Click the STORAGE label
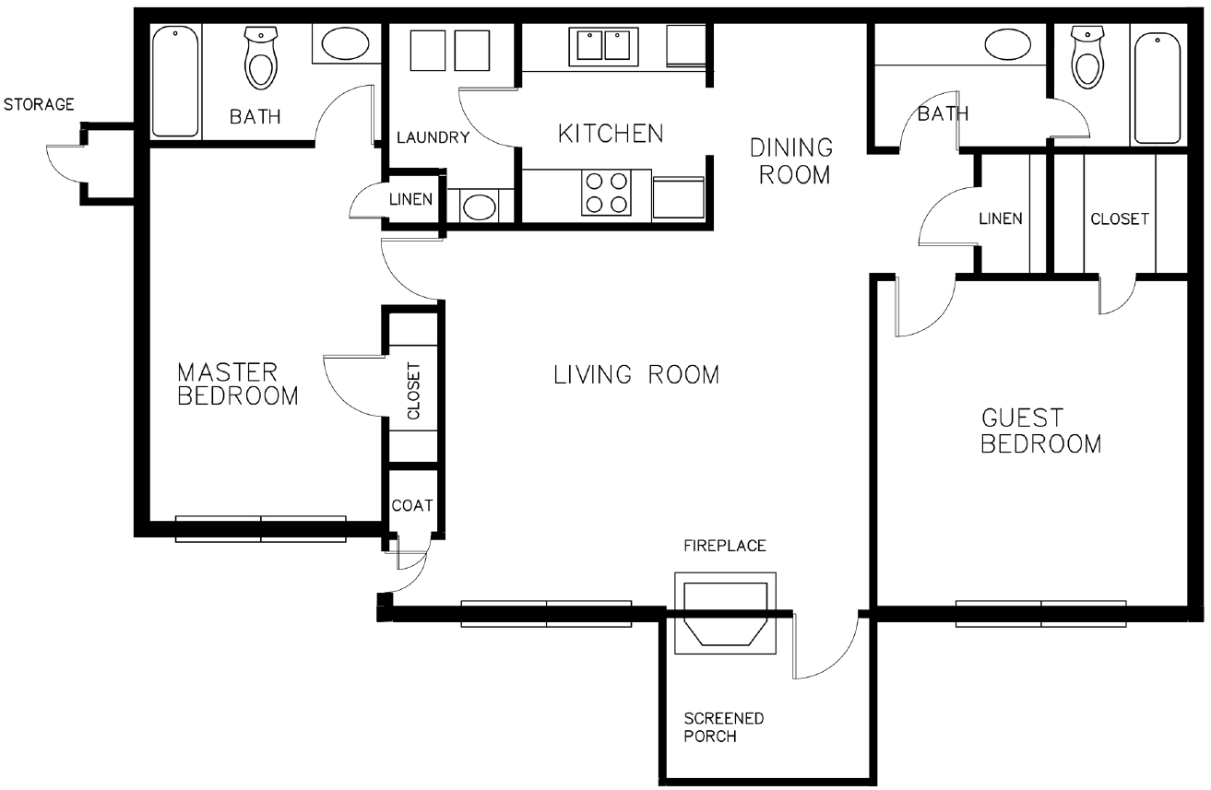tap(39, 104)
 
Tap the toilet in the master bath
tap(261, 58)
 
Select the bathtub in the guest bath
tap(1158, 88)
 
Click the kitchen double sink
tap(603, 46)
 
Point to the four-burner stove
tap(606, 193)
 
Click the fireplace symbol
tap(725, 613)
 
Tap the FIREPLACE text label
tap(724, 546)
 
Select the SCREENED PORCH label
tap(723, 727)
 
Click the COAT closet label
tap(412, 506)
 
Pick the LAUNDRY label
tap(433, 137)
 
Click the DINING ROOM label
tap(792, 161)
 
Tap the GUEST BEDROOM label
tap(1040, 431)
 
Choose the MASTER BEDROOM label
tap(238, 384)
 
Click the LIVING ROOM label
tap(636, 375)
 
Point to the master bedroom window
tap(261, 529)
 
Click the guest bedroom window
tap(1041, 614)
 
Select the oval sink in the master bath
tap(346, 43)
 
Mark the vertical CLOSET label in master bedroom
tap(413, 391)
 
